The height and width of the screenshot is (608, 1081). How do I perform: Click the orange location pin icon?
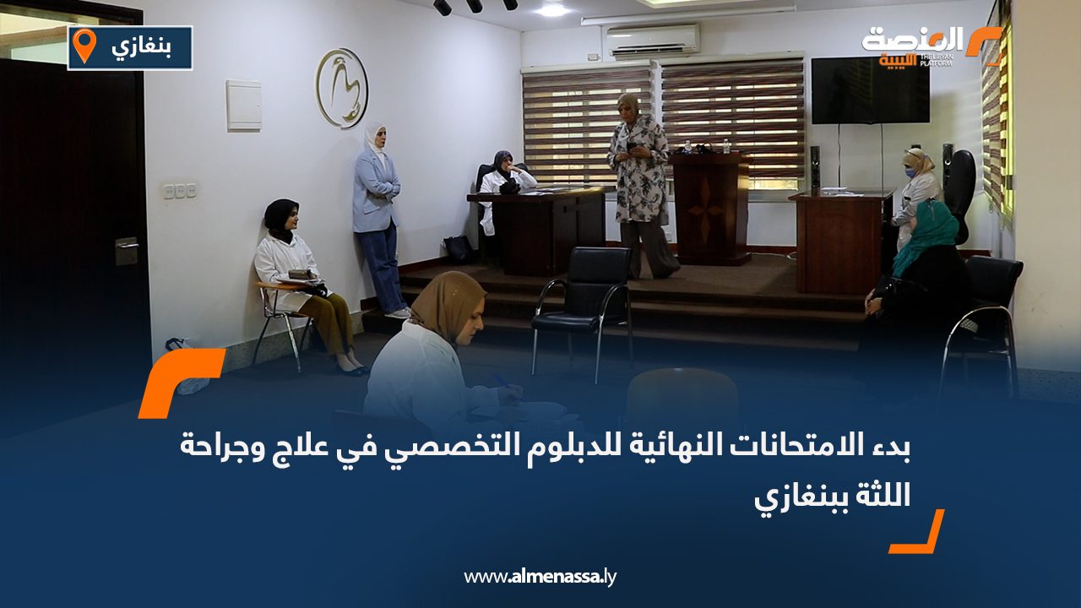pyautogui.click(x=84, y=45)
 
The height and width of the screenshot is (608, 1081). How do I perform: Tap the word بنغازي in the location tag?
pyautogui.click(x=141, y=47)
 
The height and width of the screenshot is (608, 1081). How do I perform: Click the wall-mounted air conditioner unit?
pyautogui.click(x=653, y=39)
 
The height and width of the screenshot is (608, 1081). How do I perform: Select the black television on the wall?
pyautogui.click(x=870, y=90)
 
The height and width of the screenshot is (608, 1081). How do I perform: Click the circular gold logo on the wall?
pyautogui.click(x=342, y=88)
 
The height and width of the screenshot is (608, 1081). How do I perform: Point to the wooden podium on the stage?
pyautogui.click(x=711, y=208)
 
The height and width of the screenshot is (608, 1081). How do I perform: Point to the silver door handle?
pyautogui.click(x=126, y=246)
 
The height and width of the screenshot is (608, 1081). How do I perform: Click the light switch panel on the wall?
pyautogui.click(x=180, y=191)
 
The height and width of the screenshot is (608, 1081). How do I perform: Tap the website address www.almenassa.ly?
pyautogui.click(x=540, y=577)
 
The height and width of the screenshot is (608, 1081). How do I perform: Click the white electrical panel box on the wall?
pyautogui.click(x=244, y=106)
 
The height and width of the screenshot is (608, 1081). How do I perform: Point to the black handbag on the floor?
pyautogui.click(x=459, y=249)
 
